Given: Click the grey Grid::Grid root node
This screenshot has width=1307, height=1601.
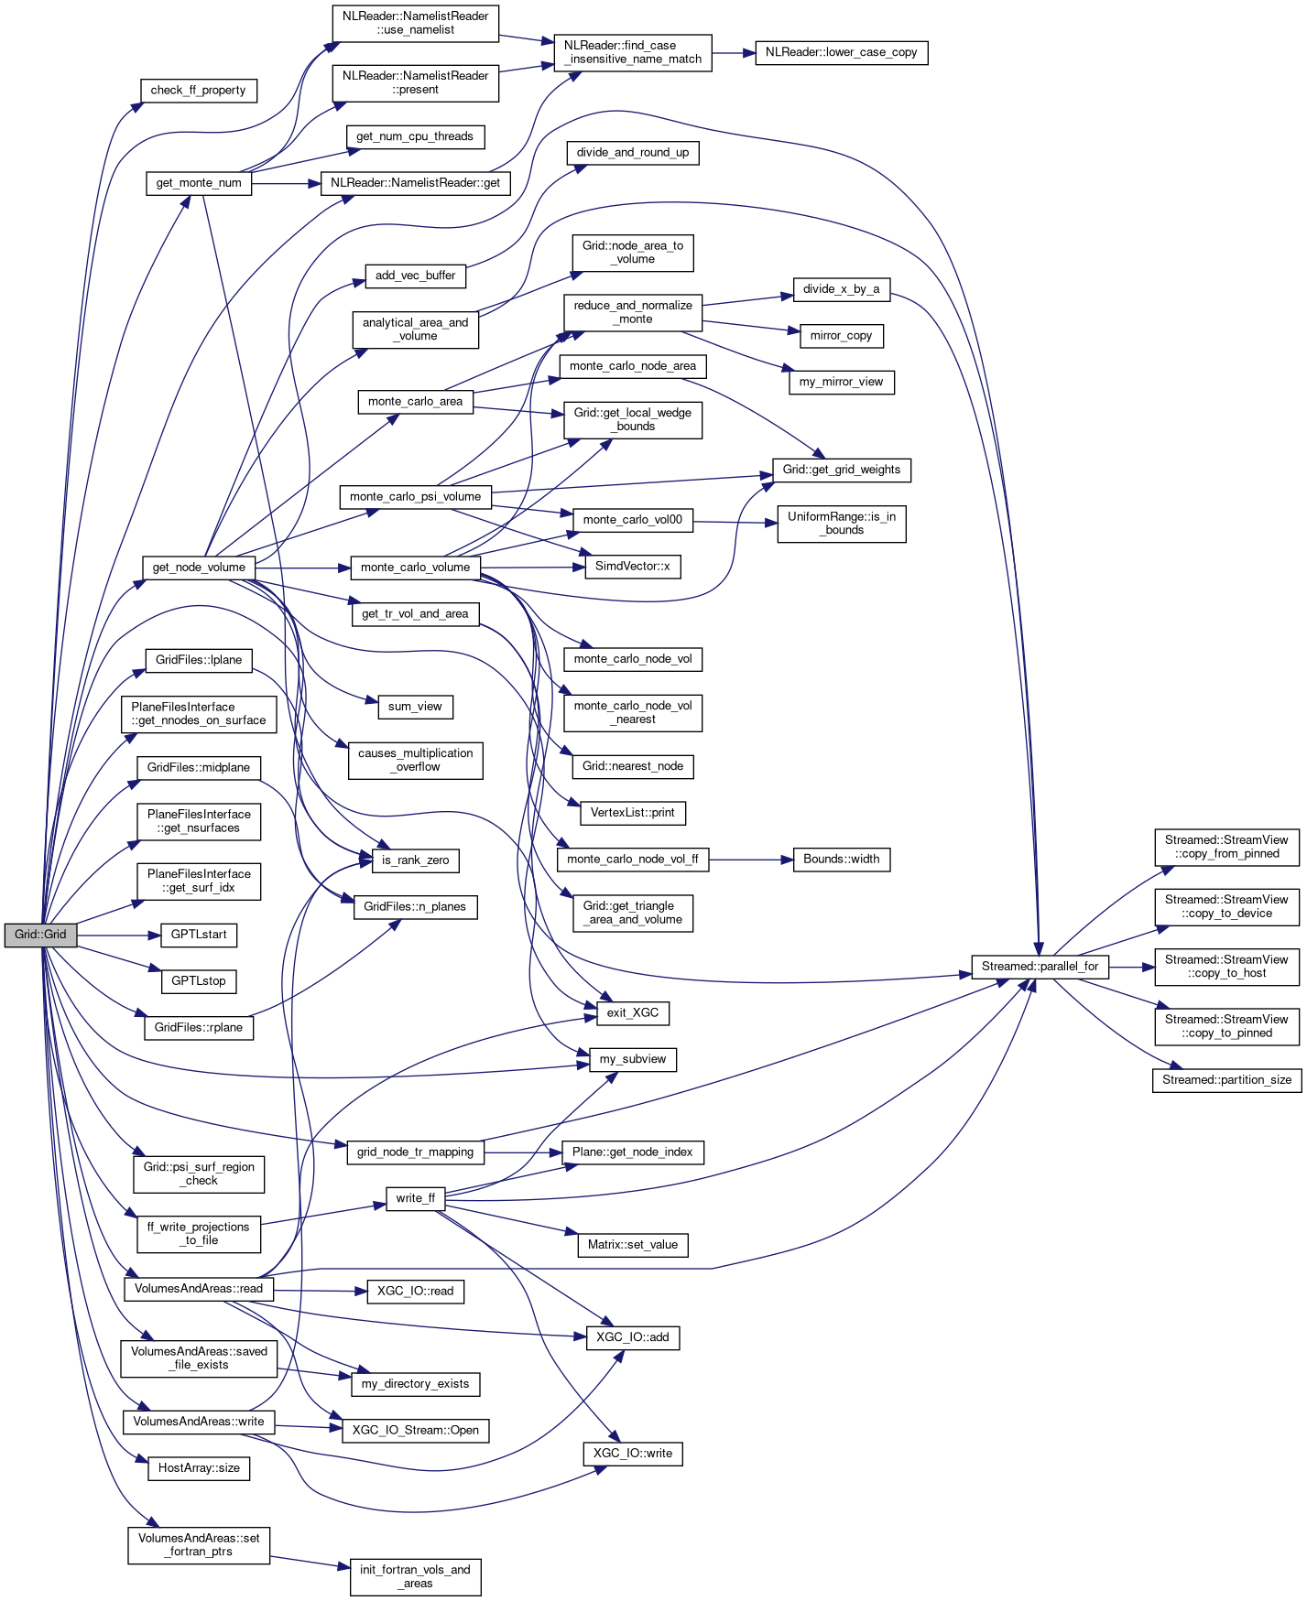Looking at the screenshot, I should pyautogui.click(x=40, y=935).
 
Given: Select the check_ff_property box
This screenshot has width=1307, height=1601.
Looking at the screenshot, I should pyautogui.click(x=198, y=90).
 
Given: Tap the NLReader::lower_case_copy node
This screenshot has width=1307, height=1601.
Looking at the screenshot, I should pyautogui.click(x=841, y=52).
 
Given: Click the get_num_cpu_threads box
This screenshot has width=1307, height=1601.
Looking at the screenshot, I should pyautogui.click(x=415, y=136).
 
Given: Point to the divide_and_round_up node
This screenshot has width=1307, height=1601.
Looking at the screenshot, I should pyautogui.click(x=632, y=152).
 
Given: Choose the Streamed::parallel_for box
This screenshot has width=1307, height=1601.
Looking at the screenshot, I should pyautogui.click(x=1040, y=966).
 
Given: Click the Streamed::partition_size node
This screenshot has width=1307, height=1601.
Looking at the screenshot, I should pyautogui.click(x=1226, y=1079).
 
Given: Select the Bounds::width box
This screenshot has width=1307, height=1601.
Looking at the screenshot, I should pyautogui.click(x=841, y=859).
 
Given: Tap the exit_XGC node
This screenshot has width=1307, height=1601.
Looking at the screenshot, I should pyautogui.click(x=632, y=1012).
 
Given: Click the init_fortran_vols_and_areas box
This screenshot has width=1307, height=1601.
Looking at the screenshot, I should pyautogui.click(x=415, y=1575).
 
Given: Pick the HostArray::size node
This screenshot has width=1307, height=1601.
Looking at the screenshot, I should pyautogui.click(x=199, y=1467).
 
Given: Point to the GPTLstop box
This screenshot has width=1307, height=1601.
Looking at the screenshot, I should pyautogui.click(x=199, y=980).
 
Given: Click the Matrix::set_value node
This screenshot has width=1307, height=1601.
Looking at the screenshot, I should pyautogui.click(x=632, y=1244).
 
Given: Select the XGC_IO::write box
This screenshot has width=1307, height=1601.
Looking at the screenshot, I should pyautogui.click(x=632, y=1453).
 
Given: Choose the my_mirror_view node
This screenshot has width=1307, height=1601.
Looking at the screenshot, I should pyautogui.click(x=841, y=382).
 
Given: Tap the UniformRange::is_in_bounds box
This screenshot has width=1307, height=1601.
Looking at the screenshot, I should pyautogui.click(x=841, y=523).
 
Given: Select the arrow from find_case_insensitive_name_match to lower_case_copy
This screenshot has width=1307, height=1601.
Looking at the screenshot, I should pyautogui.click(x=733, y=53).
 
